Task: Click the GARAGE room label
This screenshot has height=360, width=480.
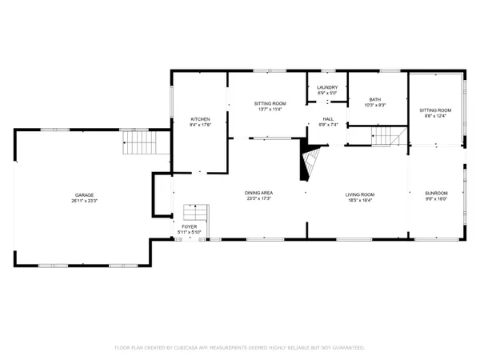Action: (x=85, y=195)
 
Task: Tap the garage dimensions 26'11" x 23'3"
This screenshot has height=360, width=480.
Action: (x=85, y=201)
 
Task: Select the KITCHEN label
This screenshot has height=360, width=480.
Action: (x=200, y=119)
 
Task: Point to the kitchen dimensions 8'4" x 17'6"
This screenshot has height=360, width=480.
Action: (x=200, y=125)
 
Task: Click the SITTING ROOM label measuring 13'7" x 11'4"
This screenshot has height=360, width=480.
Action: (x=270, y=104)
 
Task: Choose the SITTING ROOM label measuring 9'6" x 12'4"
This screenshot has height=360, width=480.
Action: (x=436, y=110)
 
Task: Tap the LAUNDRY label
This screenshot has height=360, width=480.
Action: (x=327, y=87)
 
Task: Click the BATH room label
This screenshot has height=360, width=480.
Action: (x=375, y=99)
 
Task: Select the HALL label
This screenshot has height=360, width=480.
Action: (x=329, y=119)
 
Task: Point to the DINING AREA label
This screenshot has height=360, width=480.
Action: (x=259, y=193)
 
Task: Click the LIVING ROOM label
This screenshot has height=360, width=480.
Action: (x=360, y=194)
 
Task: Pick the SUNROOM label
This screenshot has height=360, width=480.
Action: (x=436, y=193)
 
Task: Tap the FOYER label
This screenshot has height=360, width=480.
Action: (x=189, y=227)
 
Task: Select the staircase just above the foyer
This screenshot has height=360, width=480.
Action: (x=195, y=213)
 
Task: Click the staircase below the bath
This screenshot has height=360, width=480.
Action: (x=384, y=137)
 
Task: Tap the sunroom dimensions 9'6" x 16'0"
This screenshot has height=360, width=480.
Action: (x=436, y=198)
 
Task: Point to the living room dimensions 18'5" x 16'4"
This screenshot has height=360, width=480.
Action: (x=360, y=199)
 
